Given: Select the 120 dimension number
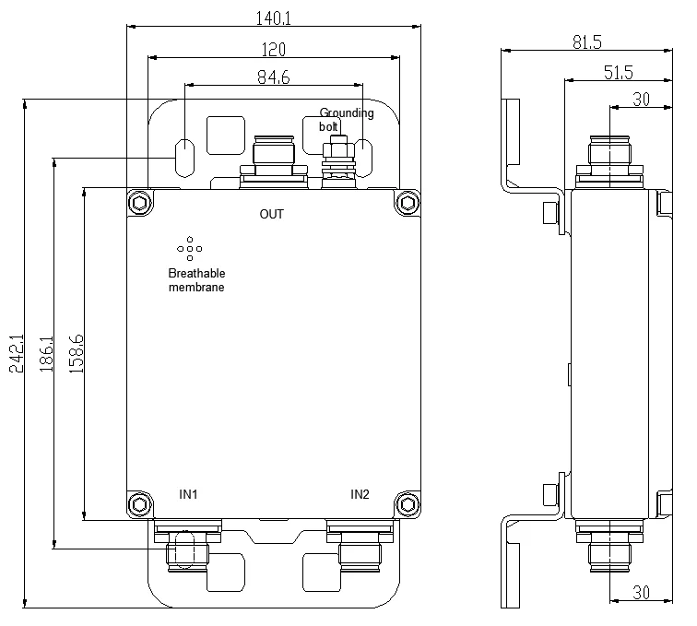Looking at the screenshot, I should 274,49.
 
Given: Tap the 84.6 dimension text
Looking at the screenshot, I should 274,78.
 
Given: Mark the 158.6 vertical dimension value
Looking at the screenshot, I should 77,353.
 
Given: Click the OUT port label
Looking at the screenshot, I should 272,215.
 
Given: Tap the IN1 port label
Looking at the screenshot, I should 189,495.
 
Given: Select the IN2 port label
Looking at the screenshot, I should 360,495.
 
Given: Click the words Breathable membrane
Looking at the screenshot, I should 195,280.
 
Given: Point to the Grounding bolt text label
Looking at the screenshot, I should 346,119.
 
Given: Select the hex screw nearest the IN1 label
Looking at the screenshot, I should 139,503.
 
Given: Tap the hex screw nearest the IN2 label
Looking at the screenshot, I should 407,503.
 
